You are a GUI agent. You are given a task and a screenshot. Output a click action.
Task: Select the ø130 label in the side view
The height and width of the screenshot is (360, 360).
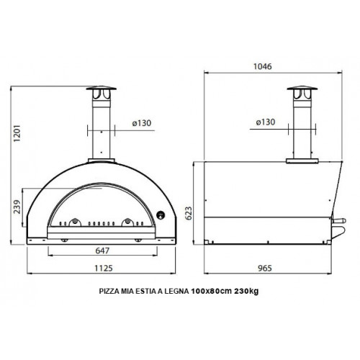pyautogui.click(x=267, y=123)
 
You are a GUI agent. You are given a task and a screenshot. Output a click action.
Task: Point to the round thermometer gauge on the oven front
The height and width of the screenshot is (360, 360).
pyautogui.click(x=160, y=214)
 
